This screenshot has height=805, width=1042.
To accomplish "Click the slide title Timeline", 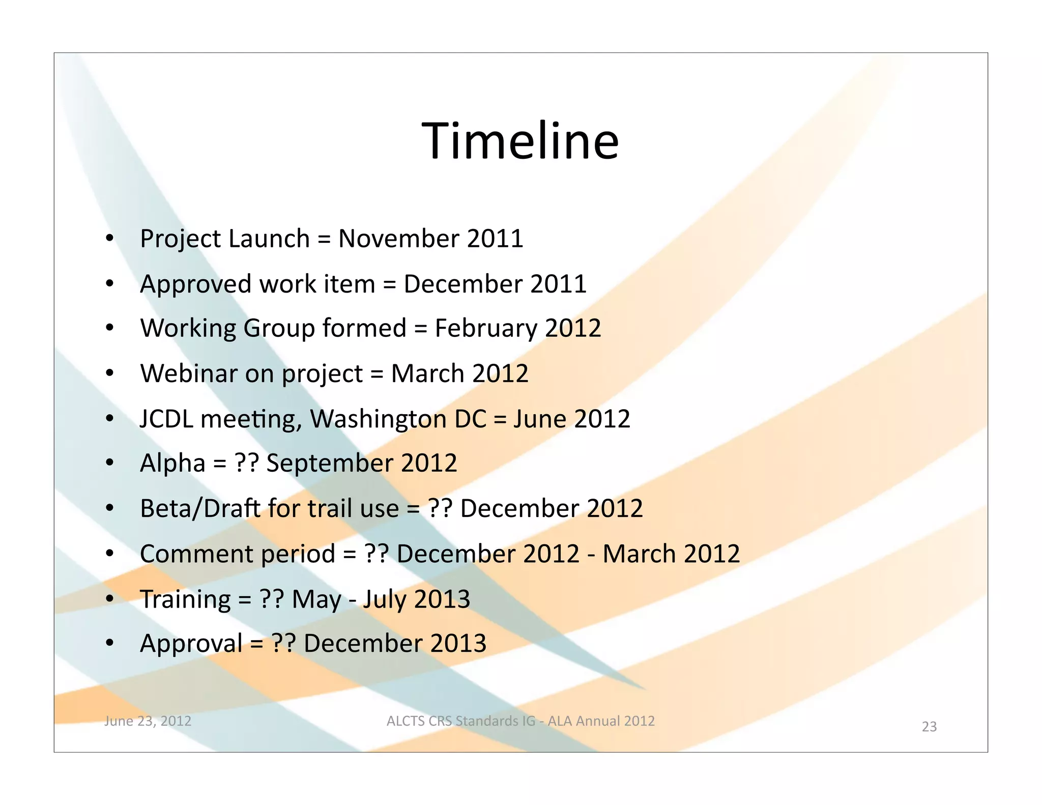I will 520,141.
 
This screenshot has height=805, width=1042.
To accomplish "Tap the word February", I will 485,328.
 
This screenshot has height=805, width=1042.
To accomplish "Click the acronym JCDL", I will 166,419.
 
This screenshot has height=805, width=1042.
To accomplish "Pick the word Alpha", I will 172,464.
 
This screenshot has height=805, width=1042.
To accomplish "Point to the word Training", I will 185,599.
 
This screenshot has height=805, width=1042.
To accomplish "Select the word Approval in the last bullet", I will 191,644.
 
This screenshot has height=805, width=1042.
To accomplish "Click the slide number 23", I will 929,727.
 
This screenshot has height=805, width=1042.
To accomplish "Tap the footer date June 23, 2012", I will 148,721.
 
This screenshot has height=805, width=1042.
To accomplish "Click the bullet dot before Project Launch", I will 110,238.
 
